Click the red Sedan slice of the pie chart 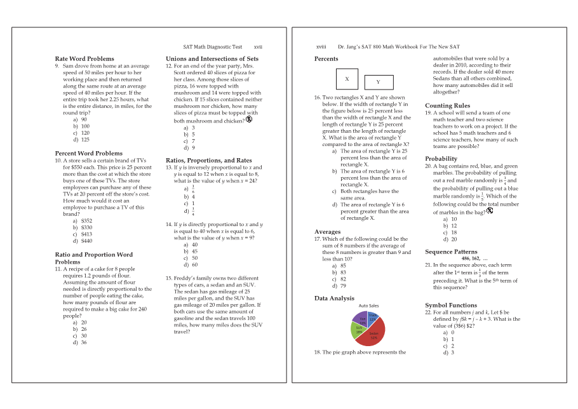point(375,335)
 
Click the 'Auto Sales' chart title point(368,305)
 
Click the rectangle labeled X point(347,79)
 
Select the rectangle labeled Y point(377,82)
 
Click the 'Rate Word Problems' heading point(84,58)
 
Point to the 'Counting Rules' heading point(447,105)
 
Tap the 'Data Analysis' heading point(334,298)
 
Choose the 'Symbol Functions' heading point(450,305)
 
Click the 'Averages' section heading point(327,232)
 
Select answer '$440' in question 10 point(86,241)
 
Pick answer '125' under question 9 point(84,140)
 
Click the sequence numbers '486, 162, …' point(474,258)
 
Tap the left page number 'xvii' point(258,46)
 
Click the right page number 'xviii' point(321,46)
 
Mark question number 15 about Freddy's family point(170,278)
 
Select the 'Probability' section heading point(441,159)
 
